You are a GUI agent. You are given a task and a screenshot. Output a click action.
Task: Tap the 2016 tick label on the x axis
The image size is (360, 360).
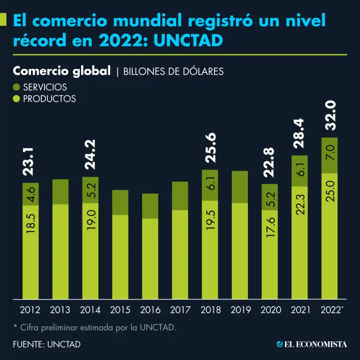(x=150, y=310)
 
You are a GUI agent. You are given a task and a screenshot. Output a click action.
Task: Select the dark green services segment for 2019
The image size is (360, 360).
(x=240, y=187)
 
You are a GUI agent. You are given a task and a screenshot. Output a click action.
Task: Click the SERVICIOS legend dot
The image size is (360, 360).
(x=17, y=87)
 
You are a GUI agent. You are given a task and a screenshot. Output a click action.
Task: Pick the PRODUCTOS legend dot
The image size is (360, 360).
(x=17, y=98)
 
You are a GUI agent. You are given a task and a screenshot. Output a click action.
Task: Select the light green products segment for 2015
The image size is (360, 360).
(x=120, y=256)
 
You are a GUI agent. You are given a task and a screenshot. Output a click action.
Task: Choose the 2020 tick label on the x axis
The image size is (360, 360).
(x=270, y=310)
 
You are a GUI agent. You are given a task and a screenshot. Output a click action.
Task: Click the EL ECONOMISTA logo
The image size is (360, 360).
(x=312, y=344)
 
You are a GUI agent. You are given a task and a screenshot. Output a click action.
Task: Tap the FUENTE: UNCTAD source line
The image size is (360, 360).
(x=47, y=344)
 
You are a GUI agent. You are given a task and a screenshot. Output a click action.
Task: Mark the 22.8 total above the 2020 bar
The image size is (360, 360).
(x=270, y=162)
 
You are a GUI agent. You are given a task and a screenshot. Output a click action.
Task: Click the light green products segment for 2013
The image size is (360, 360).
(x=60, y=251)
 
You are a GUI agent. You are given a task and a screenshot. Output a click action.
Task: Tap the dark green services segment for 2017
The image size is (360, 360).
(x=180, y=195)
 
